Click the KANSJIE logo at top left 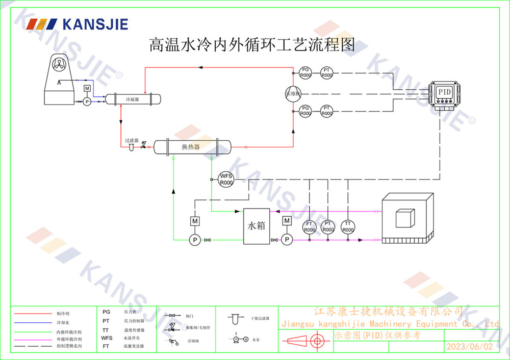(77, 24)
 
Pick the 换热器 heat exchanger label (190, 147)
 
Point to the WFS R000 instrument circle (226, 179)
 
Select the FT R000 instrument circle (309, 227)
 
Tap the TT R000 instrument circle (348, 227)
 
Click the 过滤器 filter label (132, 140)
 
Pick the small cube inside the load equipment (405, 219)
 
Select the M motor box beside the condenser (87, 89)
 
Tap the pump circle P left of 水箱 (194, 240)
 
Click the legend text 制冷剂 (63, 313)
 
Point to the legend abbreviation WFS (107, 338)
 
